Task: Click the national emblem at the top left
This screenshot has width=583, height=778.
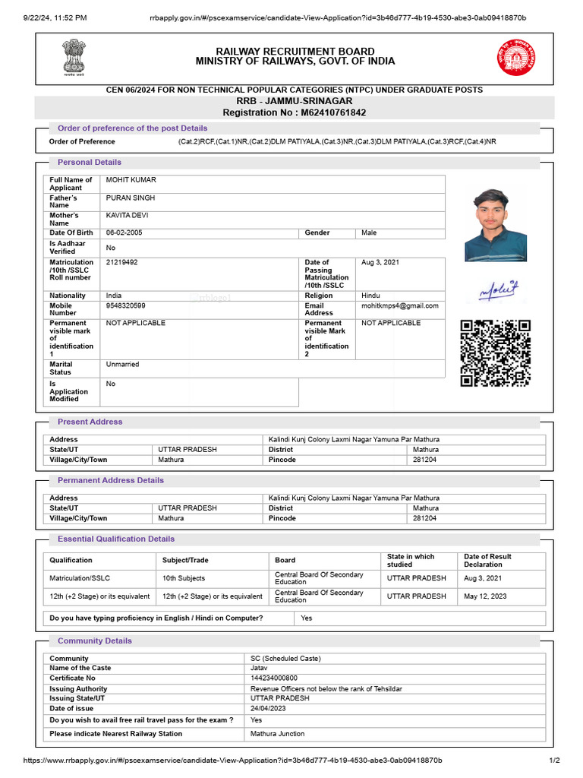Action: coord(74,56)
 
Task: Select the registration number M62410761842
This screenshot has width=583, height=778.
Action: coord(294,112)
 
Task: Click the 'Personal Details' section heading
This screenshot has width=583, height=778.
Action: coord(89,162)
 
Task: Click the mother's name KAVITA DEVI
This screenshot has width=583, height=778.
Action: coord(127,216)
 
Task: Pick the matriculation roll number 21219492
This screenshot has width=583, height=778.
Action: coord(122,262)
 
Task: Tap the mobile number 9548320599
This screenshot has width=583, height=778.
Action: coord(126,305)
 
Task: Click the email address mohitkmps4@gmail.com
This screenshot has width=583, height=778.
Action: coord(399,305)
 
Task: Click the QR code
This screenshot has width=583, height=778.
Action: coord(495,353)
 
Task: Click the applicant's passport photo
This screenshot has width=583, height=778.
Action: coord(495,225)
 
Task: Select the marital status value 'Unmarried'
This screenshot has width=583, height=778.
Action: coord(123,365)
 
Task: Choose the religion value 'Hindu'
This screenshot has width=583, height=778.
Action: coord(370,296)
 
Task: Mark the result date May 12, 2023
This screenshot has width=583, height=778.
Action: coord(486,596)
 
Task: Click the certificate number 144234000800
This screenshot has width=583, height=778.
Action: coord(274,678)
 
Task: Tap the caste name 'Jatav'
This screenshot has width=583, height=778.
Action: coord(260,668)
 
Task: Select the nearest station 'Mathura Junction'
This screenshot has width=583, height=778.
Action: coord(278,734)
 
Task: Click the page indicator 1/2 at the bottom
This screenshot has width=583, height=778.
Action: coord(554,761)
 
